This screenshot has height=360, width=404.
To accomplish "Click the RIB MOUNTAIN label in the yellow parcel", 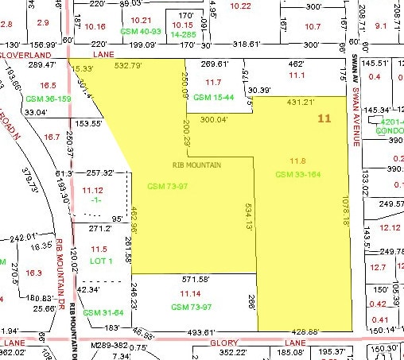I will pyautogui.click(x=197, y=165).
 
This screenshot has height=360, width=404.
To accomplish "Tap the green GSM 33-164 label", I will pyautogui.click(x=297, y=173).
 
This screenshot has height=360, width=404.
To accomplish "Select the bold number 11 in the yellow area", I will pyautogui.click(x=324, y=118).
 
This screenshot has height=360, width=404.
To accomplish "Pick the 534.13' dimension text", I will pyautogui.click(x=249, y=216).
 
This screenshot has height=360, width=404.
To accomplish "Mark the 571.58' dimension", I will pyautogui.click(x=196, y=281).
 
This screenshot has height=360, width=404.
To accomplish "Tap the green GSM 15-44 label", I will pyautogui.click(x=213, y=96).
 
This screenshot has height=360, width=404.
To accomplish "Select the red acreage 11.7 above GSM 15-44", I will pyautogui.click(x=213, y=82).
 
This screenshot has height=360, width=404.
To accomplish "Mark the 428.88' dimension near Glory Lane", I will pyautogui.click(x=328, y=332).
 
